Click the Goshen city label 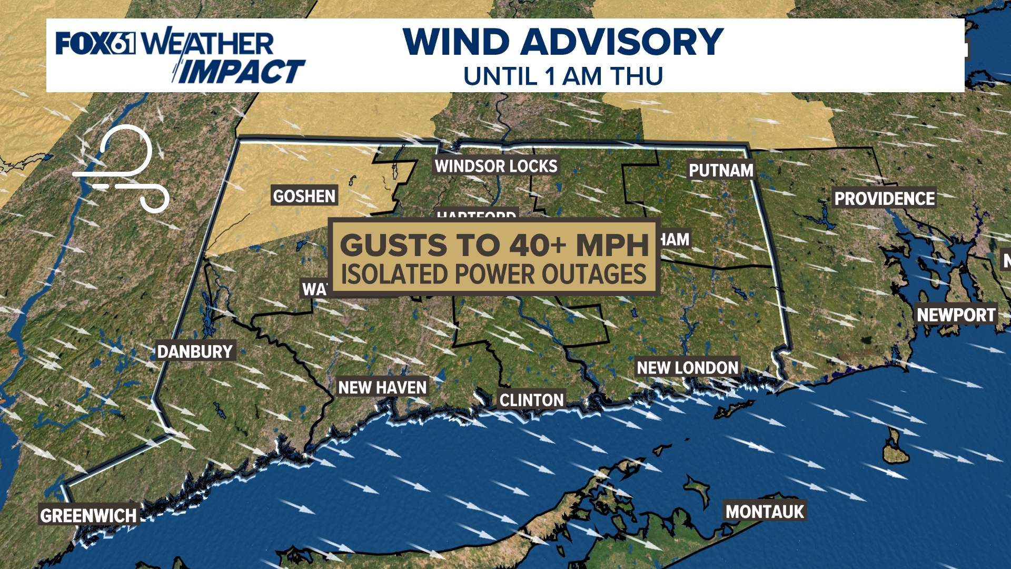point(304,196)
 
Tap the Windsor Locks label point(495,166)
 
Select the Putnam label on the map point(721,170)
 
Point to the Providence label point(884,199)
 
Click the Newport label point(956,315)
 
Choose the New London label point(687,367)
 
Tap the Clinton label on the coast point(531,400)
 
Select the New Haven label point(382,387)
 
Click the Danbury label point(195,351)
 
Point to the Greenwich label point(88,515)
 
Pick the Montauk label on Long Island point(765,511)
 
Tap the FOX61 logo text point(95,43)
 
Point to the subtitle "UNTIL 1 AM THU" point(563,76)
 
